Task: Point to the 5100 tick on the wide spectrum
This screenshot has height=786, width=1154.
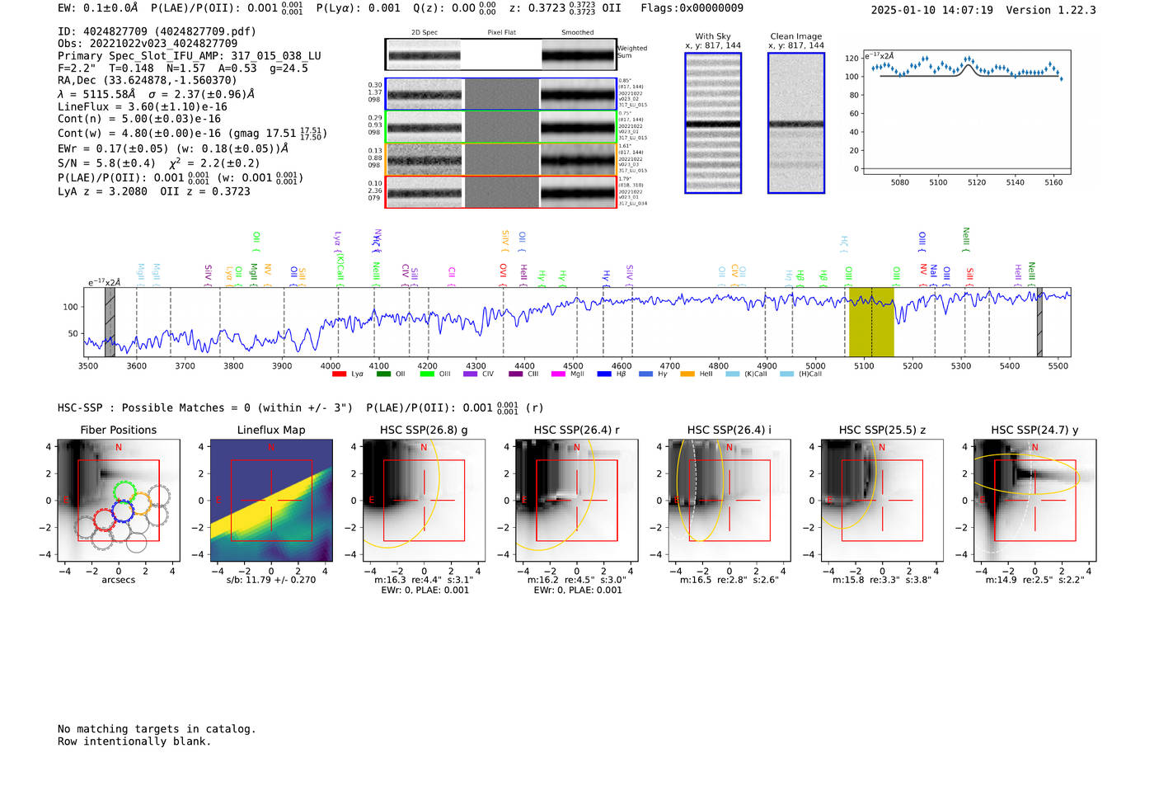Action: pos(864,366)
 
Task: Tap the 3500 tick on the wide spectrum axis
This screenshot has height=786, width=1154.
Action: pos(88,366)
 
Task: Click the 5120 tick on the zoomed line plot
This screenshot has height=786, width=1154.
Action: pos(977,182)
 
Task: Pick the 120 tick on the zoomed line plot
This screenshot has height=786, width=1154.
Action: pos(851,59)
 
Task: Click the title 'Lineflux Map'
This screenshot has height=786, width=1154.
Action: pos(270,430)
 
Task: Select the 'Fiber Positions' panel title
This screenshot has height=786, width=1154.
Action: pos(118,430)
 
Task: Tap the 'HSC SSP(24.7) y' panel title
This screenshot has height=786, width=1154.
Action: pos(1034,430)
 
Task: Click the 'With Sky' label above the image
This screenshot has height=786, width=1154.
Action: pos(713,36)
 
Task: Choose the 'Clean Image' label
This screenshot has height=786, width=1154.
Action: pos(795,36)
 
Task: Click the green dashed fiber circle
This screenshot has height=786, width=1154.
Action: pos(124,492)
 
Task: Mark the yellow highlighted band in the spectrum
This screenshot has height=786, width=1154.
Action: pos(871,322)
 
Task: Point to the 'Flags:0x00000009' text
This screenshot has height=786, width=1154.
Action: pos(692,7)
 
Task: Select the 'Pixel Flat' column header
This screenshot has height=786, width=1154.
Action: pos(501,33)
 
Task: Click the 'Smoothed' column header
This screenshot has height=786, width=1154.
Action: pos(577,33)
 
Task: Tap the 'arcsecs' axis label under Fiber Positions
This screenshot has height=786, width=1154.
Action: pos(118,580)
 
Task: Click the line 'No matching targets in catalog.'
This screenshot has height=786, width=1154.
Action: pos(157,729)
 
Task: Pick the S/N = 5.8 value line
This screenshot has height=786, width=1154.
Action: pos(106,163)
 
